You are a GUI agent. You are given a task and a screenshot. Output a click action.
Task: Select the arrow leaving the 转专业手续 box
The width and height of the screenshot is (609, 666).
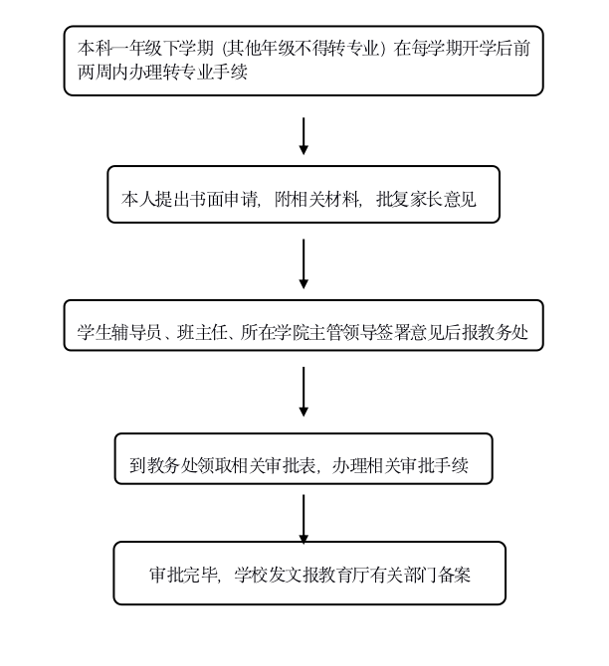pos(304,135)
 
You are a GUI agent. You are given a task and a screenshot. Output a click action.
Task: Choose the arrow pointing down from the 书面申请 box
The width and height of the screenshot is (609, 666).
pos(304,263)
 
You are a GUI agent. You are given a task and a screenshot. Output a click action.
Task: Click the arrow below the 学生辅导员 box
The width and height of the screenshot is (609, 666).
pos(304,392)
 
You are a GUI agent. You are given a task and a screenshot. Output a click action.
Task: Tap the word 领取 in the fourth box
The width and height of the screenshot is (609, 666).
pos(222,464)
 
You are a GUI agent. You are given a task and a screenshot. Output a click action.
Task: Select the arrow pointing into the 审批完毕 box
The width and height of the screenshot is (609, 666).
pos(304,519)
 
